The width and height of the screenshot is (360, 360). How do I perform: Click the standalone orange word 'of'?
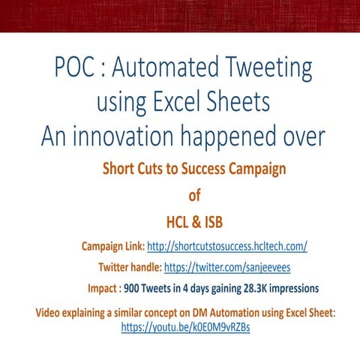(x=194, y=196)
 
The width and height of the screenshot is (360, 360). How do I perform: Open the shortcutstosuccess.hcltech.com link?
(x=227, y=246)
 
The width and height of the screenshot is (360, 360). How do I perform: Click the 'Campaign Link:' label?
(x=112, y=246)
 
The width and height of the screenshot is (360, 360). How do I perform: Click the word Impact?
(x=102, y=288)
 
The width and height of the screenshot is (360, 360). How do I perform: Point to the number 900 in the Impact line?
(x=133, y=288)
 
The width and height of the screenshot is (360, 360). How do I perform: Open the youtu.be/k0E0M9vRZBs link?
(x=185, y=328)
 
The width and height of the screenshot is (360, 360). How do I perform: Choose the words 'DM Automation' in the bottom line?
(x=211, y=312)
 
